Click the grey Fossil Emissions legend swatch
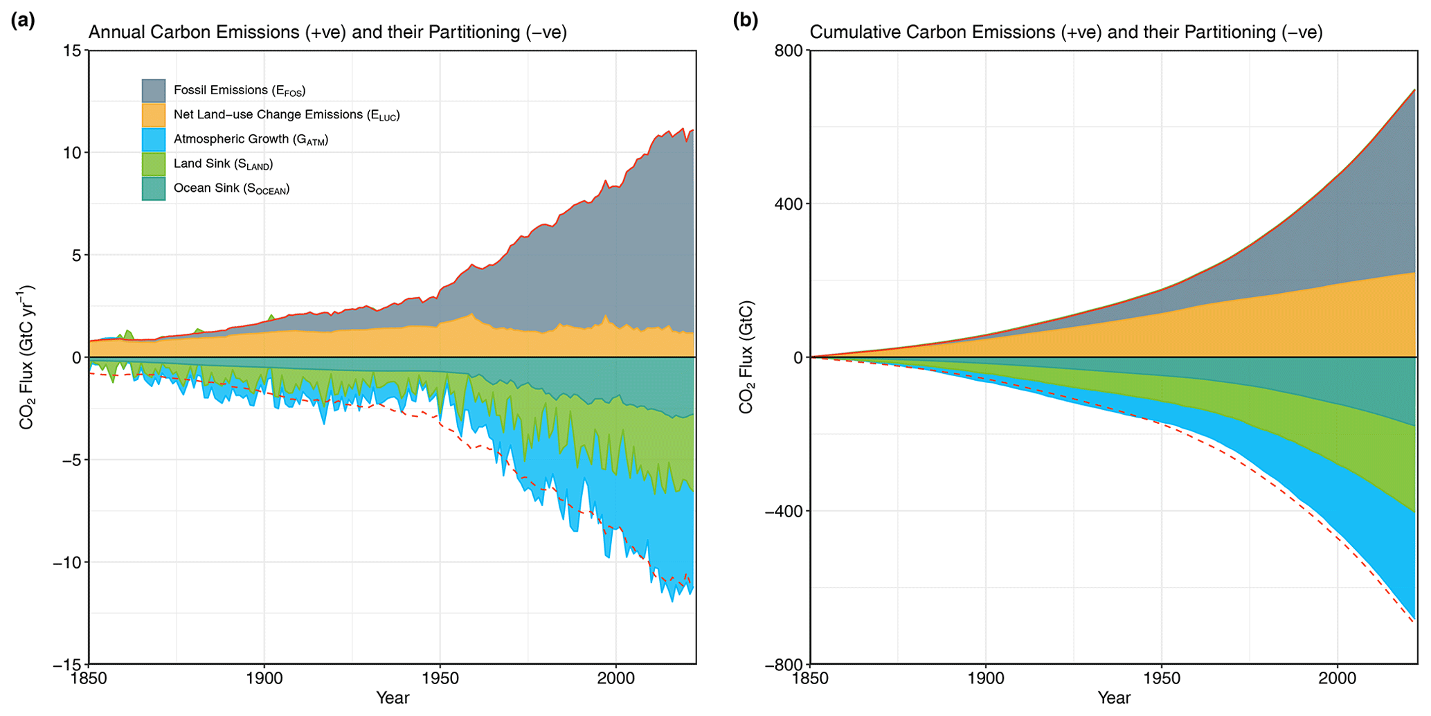coord(154,91)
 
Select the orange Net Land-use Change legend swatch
coord(154,115)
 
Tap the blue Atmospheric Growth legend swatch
coord(154,139)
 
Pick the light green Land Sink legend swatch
coord(154,164)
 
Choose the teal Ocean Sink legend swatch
coord(154,188)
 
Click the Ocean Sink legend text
coord(231,188)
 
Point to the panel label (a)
coord(23,21)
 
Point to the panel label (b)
coord(746,21)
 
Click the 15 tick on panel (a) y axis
coord(72,51)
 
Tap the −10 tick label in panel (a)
coord(66,562)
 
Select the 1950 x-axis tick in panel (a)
coord(440,677)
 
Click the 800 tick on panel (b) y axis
coord(789,51)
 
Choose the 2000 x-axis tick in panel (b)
coord(1338,677)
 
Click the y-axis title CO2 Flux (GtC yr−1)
coord(28,357)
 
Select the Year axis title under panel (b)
coord(1114,698)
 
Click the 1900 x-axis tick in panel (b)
coord(986,677)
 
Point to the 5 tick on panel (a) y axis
coord(76,255)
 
